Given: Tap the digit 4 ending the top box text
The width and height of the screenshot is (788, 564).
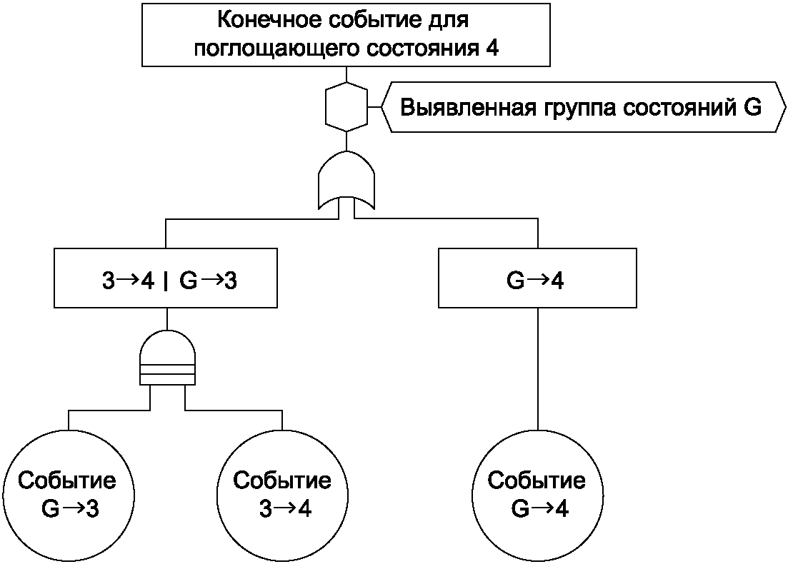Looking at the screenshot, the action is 492,49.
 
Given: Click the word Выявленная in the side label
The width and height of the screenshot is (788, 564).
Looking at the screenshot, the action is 468,108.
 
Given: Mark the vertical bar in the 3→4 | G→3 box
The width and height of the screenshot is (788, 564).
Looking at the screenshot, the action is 165,281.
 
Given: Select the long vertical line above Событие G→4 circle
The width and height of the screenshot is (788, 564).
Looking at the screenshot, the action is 538,369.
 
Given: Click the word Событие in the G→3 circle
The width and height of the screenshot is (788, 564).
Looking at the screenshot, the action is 67,480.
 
